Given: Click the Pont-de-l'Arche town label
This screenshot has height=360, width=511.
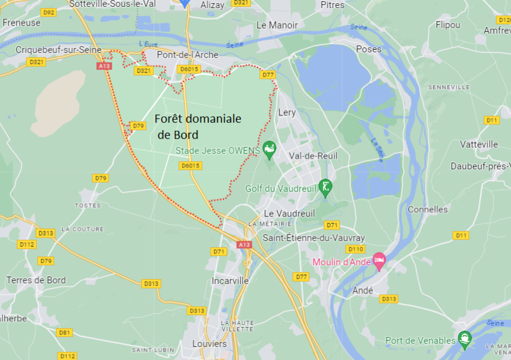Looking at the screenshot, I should pyautogui.click(x=187, y=55).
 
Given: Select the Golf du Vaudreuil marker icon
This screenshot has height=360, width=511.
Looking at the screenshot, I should pyautogui.click(x=324, y=186).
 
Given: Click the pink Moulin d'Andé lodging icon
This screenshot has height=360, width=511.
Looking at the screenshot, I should pyautogui.click(x=379, y=261).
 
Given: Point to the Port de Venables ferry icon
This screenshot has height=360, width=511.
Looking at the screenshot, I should pyautogui.click(x=464, y=339).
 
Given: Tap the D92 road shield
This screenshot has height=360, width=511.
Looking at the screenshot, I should pyautogui.click(x=47, y=12).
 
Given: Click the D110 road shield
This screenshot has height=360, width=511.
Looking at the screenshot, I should pyautogui.click(x=356, y=249).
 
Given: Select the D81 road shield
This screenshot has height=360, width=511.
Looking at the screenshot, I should pyautogui.click(x=64, y=333).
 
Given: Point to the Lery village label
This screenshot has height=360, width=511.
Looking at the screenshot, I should pyautogui.click(x=287, y=113).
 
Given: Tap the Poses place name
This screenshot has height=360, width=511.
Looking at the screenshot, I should pyautogui.click(x=368, y=49).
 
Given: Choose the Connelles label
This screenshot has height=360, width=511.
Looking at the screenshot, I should pyautogui.click(x=427, y=210).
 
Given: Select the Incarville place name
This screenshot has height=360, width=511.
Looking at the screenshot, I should pyautogui.click(x=230, y=281).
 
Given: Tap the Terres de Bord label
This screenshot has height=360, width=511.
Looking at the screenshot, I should pyautogui.click(x=36, y=280).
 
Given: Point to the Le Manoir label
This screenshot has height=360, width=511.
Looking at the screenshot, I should pyautogui.click(x=277, y=26).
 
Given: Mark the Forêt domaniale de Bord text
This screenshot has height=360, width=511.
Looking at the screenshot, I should pyautogui.click(x=198, y=126).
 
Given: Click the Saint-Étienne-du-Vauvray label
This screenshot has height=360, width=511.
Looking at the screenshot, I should pyautogui.click(x=313, y=238).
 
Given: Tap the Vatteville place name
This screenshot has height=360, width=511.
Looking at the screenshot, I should pyautogui.click(x=479, y=144).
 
